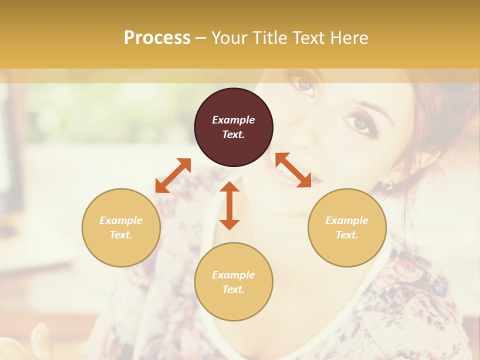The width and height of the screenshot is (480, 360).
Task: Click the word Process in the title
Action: tap(157, 38)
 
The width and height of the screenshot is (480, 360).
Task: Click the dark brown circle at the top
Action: tap(233, 127)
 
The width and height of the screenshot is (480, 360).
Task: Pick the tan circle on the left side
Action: tap(121, 227)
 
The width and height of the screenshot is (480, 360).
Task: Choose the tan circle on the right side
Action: tap(347, 227)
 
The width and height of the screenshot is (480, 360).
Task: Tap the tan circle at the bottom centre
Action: tap(233, 282)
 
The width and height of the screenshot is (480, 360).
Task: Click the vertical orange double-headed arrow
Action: tap(229, 205)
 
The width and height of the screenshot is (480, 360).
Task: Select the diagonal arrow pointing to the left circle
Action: tap(173, 175)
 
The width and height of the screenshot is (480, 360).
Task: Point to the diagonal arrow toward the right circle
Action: tap(293, 170)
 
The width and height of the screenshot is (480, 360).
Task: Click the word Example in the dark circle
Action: tap(233, 120)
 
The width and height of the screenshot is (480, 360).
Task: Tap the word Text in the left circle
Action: tap(121, 235)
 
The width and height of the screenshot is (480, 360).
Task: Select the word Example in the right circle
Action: tap(347, 220)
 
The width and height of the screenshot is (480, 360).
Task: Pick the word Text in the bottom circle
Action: tap(233, 289)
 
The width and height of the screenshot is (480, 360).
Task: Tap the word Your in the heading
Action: tap(228, 38)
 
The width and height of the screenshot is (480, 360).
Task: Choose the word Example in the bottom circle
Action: tap(233, 275)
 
